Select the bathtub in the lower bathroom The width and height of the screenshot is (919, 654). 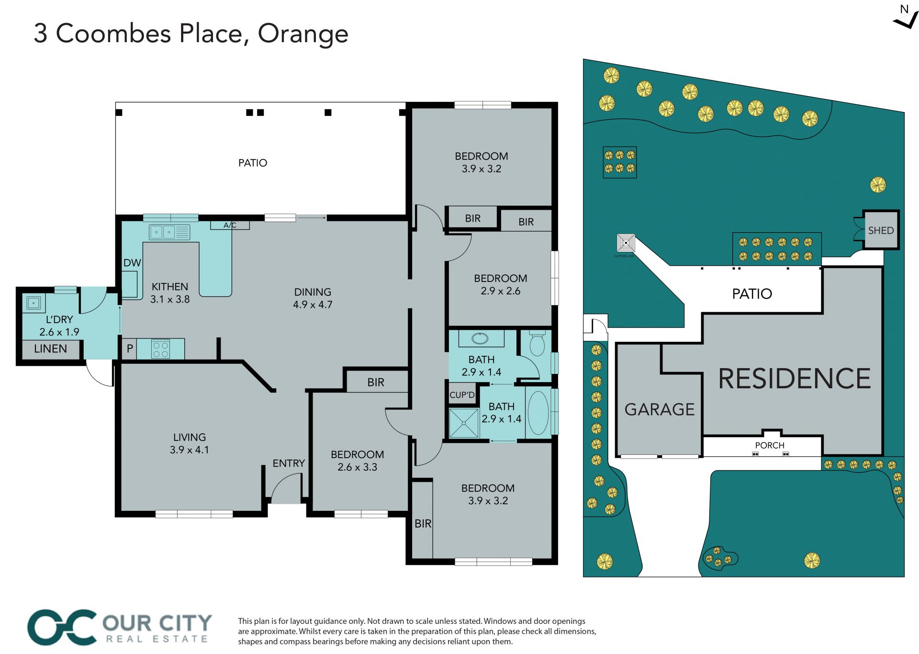coord(538,413)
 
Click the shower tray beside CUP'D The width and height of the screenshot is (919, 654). coord(464,423)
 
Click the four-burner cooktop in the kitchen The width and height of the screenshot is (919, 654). coord(160,349)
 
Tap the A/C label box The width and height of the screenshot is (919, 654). coord(230,225)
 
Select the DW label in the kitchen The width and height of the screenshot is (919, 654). coord(132,263)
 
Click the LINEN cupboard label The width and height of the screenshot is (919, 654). coord(51,349)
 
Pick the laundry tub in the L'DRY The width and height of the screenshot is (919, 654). coord(34,303)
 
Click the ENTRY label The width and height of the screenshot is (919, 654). coord(289,463)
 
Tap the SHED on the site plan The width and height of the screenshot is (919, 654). coord(881,230)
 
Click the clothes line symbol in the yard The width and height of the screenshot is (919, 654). coord(626,243)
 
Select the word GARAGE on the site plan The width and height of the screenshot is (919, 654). coord(660,409)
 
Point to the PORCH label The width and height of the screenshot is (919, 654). coord(770,445)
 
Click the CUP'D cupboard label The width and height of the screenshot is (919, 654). coord(462,395)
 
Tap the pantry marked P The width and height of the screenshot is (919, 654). coord(129,349)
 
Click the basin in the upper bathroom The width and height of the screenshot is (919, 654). coord(481,339)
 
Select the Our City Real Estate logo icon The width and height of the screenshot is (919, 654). coord(62,627)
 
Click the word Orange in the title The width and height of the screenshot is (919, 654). coord(303,34)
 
